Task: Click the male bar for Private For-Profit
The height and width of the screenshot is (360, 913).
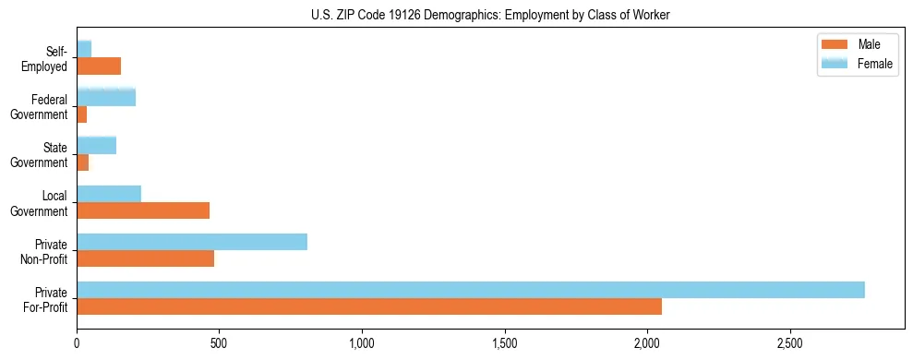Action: [x=369, y=306]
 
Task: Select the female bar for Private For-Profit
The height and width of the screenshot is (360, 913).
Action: [x=471, y=290]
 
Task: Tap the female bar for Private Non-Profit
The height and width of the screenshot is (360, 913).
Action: [x=192, y=242]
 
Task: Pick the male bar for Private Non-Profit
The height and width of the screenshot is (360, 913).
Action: [x=146, y=258]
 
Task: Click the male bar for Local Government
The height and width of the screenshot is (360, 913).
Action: [x=143, y=210]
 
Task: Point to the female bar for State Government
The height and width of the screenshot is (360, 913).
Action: [x=97, y=145]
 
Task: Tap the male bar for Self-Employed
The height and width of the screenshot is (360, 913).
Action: [x=99, y=66]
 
